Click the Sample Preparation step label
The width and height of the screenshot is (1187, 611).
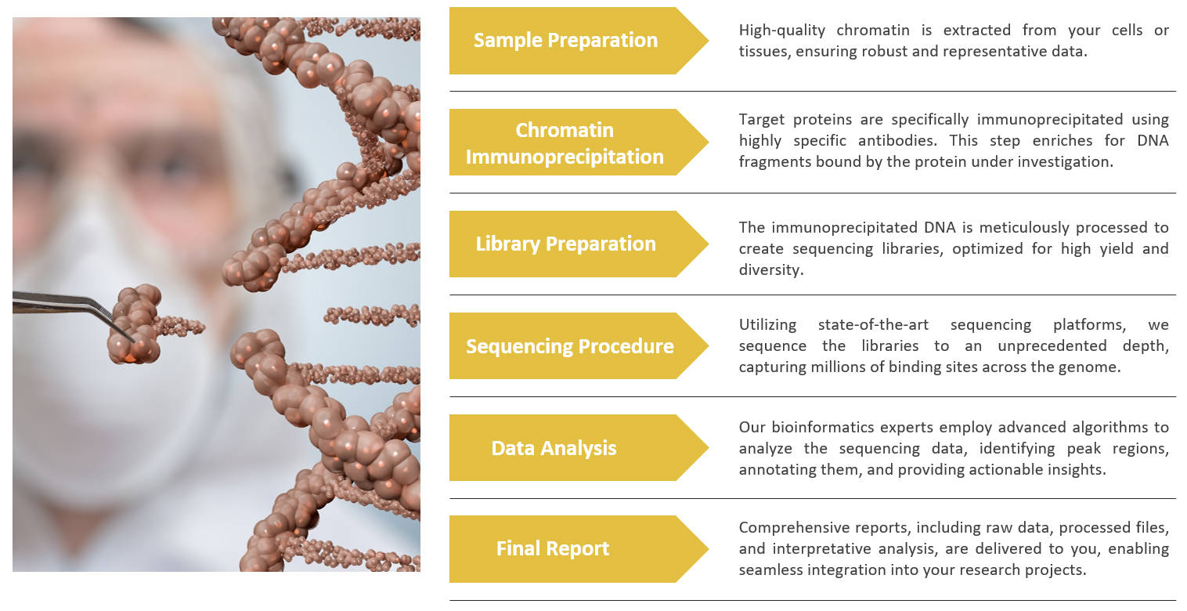point(565,41)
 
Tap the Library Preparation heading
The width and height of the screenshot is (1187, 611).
point(565,244)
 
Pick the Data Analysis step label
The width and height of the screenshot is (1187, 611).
point(554,448)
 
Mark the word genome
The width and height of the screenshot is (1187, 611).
point(1093,367)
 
